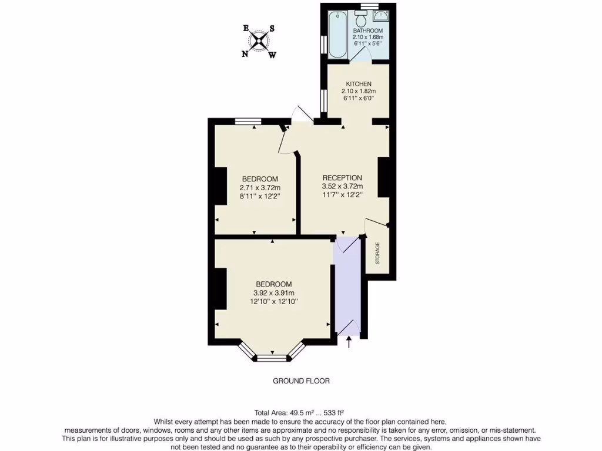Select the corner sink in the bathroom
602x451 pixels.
point(380,16)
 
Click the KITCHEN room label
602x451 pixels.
point(359,84)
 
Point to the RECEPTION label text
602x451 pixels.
point(342,178)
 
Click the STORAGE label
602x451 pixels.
point(377,253)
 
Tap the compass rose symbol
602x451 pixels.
point(259,41)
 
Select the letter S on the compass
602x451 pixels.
point(272,28)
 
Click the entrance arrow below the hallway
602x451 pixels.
point(350,341)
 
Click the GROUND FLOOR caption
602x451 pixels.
point(301,381)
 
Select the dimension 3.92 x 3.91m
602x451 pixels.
point(273,293)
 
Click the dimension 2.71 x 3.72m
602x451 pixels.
point(260,188)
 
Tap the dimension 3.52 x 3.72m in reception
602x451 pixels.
point(342,187)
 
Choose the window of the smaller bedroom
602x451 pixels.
point(248,122)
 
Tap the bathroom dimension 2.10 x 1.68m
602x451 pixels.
point(368,37)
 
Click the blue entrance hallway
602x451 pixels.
point(347,288)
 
